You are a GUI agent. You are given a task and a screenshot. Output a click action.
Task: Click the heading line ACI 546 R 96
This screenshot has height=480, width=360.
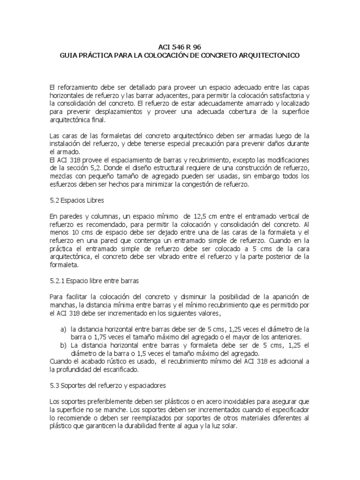[180, 47]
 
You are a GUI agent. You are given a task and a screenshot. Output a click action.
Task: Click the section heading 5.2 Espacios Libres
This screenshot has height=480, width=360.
[76, 200]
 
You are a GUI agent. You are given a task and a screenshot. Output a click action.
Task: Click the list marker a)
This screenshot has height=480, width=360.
[63, 329]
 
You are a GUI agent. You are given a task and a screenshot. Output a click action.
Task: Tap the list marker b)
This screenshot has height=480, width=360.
[63, 345]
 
